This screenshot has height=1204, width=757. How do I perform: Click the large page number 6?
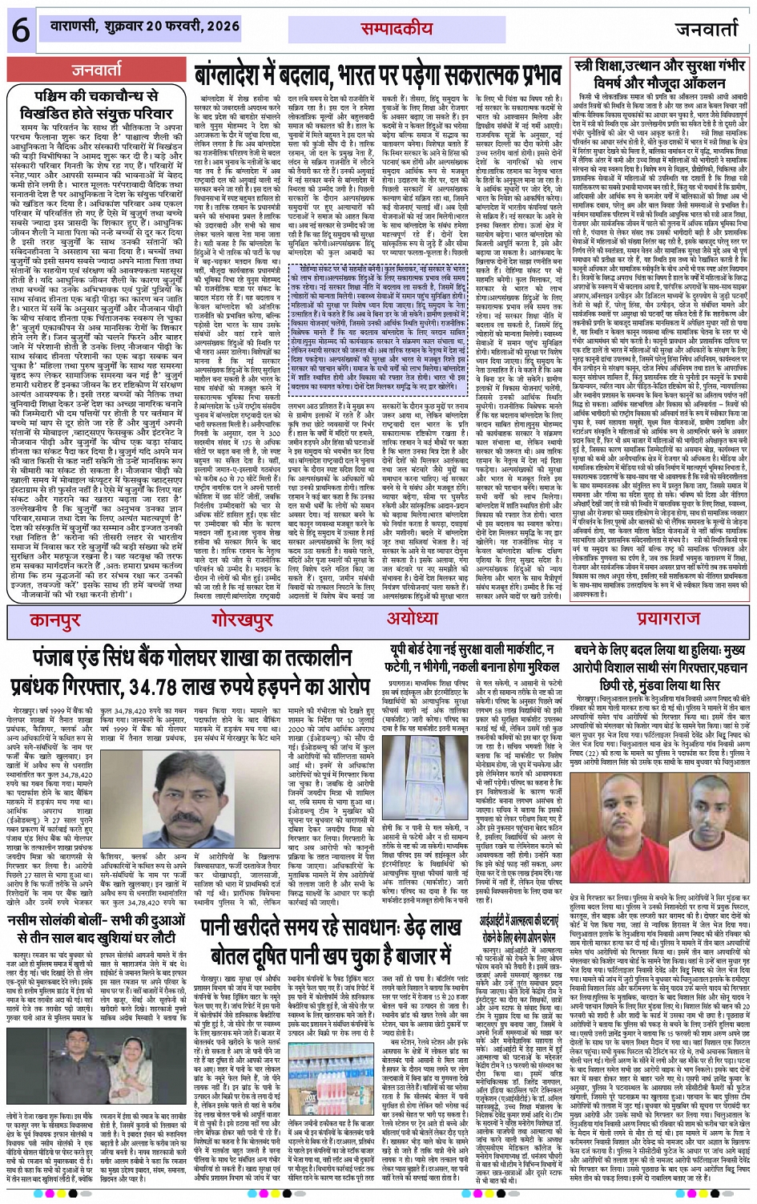click(x=21, y=30)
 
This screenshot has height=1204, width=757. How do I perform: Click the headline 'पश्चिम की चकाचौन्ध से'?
click(x=97, y=95)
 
